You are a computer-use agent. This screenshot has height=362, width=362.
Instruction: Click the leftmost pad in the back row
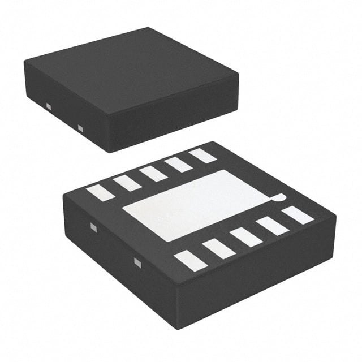(100, 192)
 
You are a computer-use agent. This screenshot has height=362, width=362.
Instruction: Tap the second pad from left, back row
(127, 183)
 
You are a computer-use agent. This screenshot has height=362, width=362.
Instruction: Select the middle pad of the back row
(153, 173)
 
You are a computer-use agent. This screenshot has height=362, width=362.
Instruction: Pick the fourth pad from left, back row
(179, 164)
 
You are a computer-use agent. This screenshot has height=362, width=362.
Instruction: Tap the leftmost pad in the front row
(190, 260)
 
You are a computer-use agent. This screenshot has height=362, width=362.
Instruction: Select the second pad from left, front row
(218, 248)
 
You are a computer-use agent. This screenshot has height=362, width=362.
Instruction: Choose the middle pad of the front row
(246, 236)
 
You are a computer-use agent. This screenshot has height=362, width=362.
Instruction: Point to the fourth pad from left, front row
(272, 226)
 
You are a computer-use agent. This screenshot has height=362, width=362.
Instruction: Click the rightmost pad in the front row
(298, 215)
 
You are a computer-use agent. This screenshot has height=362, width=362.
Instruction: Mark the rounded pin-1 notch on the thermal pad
(278, 197)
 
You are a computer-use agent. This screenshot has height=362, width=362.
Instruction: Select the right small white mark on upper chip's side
(80, 128)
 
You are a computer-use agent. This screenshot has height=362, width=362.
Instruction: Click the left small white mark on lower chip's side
(94, 227)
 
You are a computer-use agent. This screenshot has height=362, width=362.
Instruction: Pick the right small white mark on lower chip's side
(137, 261)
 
